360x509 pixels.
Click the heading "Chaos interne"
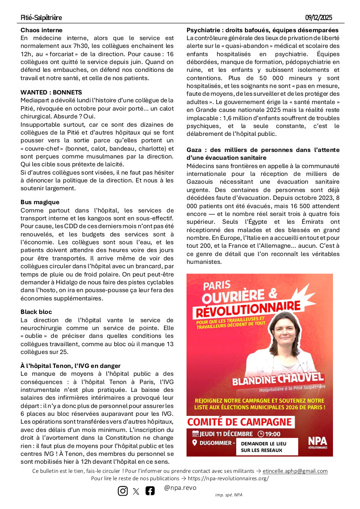(41, 30)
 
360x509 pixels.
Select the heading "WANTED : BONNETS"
(51, 92)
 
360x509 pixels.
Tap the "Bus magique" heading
(40, 202)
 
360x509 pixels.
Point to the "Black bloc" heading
(36, 312)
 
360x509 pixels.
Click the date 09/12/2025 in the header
(319, 18)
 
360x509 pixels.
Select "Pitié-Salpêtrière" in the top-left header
(41, 18)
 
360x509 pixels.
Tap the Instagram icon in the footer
(123, 491)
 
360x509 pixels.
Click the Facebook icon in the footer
(150, 491)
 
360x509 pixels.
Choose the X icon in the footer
(136, 491)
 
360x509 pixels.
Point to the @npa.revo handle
(180, 488)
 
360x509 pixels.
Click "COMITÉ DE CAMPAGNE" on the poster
(239, 421)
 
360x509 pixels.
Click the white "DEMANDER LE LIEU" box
(267, 447)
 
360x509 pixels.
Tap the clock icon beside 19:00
(261, 434)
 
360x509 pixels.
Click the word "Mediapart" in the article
(35, 100)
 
